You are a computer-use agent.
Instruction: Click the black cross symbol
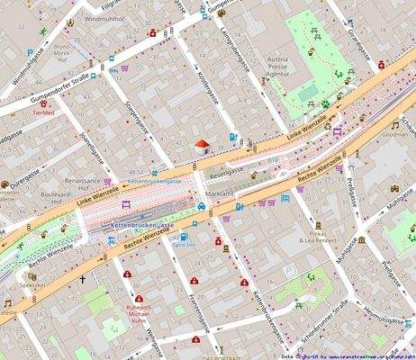point(84,281)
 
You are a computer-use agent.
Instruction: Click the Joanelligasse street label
point(88,145)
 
